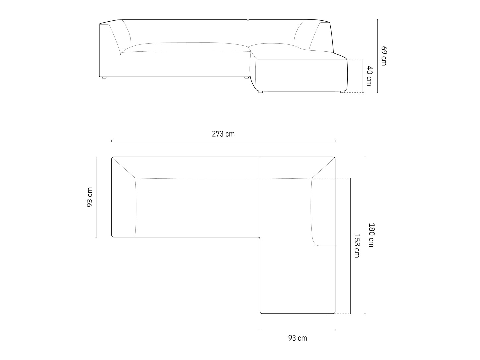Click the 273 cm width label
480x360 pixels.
tap(223, 134)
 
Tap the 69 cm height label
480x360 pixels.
tap(384, 56)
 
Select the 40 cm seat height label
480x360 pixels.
tap(369, 76)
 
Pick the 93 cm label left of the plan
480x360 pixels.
tap(90, 197)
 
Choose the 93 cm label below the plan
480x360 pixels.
tap(297, 338)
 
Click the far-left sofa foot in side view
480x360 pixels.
tap(104, 77)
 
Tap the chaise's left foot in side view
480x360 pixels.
tap(261, 92)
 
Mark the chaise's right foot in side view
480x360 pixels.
tap(342, 92)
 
